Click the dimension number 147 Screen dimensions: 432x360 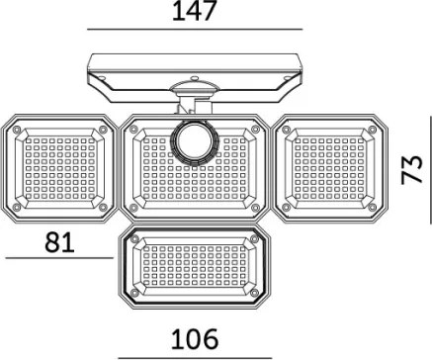click(195, 11)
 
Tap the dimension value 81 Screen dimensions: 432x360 click(59, 242)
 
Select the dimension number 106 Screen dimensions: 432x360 click(195, 339)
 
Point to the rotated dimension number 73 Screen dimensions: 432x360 click(412, 169)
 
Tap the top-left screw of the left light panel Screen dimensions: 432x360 click(16, 130)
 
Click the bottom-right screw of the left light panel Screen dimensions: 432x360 click(103, 207)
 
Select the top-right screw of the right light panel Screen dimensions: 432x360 click(373, 130)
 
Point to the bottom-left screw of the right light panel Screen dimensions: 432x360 click(286, 208)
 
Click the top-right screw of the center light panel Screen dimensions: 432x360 click(254, 130)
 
